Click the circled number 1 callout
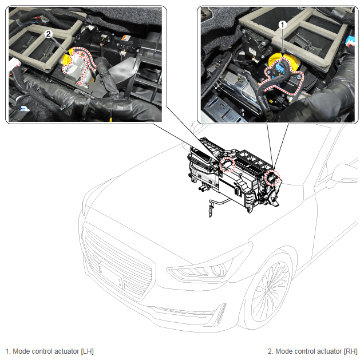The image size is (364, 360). coord(282,25)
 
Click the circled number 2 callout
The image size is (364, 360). coord(48,34)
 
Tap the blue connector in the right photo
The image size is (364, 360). coord(280,68)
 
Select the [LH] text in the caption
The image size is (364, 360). coord(87,351)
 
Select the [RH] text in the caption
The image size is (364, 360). coord(350,351)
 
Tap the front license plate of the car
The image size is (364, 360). coord(111,275)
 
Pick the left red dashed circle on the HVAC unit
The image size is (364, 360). coord(228,164)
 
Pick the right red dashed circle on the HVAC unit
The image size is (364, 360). coord(272,177)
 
